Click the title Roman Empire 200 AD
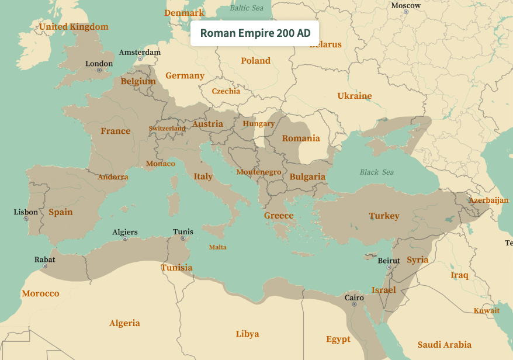255,33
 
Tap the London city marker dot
99,70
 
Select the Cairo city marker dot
354,304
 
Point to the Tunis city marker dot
183,238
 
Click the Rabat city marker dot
45,266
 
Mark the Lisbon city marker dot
26,219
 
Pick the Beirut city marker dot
389,267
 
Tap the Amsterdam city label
140,53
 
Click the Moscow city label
405,5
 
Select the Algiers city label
125,232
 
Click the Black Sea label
377,172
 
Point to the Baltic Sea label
247,8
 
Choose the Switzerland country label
167,129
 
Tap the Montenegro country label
259,172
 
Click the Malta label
218,247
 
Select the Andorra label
113,177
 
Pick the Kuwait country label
487,311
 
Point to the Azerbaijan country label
488,200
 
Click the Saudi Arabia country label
444,345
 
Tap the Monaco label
161,164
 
